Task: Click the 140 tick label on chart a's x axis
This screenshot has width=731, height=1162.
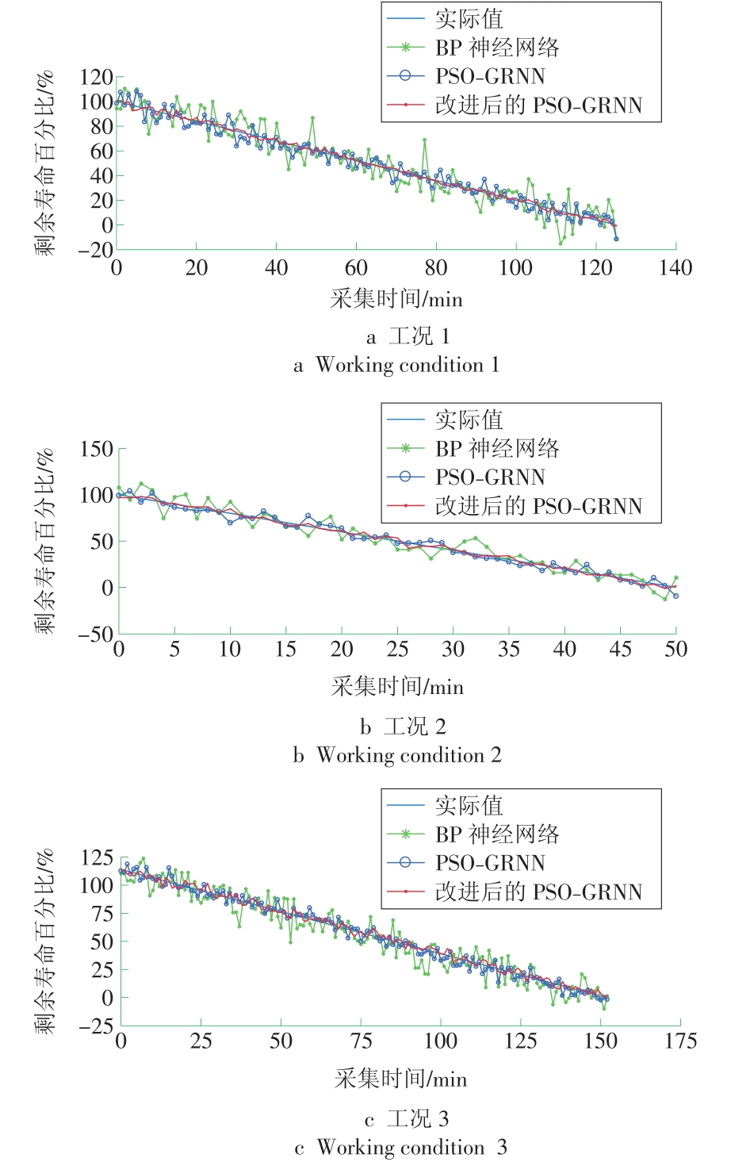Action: click(676, 268)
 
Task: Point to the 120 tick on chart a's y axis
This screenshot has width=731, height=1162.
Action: click(96, 78)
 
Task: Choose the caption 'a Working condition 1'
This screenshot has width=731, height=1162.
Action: click(396, 365)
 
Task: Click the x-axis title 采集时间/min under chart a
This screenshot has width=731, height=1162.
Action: click(396, 299)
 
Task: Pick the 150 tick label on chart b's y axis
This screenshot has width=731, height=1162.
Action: click(96, 449)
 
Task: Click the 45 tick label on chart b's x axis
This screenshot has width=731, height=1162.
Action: click(620, 650)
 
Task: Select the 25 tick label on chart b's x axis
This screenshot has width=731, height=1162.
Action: click(397, 650)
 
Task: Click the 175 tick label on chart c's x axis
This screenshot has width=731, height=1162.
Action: click(680, 1041)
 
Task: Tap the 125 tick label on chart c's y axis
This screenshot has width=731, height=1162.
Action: click(97, 857)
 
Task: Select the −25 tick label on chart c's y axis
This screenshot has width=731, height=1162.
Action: click(95, 1026)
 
